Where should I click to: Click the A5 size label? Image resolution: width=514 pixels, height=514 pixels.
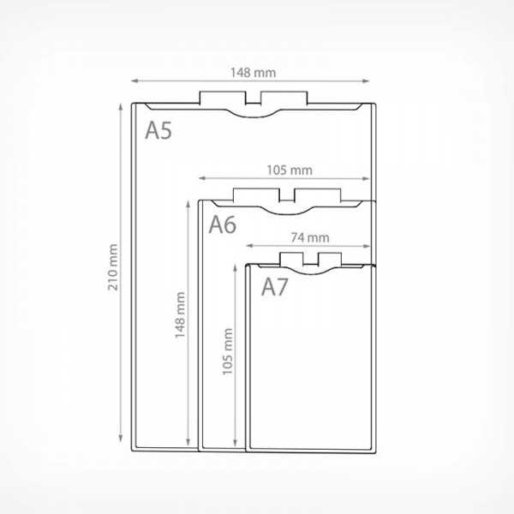tap(158, 130)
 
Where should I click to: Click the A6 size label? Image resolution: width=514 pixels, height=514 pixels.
tap(223, 224)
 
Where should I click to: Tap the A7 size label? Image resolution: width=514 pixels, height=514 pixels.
tap(275, 287)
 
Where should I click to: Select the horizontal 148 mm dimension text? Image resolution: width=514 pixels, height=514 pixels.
tap(253, 73)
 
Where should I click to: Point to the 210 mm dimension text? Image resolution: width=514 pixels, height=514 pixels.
tap(113, 267)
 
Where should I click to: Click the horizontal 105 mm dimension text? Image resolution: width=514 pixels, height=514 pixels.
tap(290, 170)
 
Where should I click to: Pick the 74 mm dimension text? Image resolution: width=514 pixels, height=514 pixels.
tap(310, 237)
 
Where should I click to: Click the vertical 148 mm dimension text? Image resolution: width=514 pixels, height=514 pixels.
tap(180, 315)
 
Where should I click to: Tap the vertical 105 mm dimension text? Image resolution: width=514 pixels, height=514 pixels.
tap(228, 351)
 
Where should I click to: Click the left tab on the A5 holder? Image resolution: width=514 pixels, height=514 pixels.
tap(223, 98)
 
